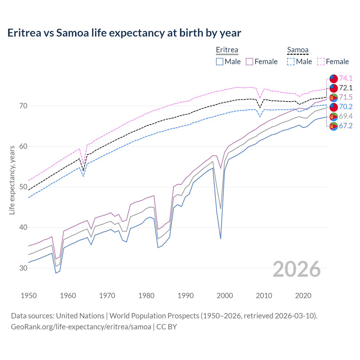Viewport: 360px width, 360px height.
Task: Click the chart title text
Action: (x=124, y=33)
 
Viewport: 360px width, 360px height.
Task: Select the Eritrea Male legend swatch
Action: (x=220, y=62)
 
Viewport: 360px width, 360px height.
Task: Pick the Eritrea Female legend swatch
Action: (x=249, y=62)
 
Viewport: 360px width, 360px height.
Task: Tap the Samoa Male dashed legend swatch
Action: (x=291, y=62)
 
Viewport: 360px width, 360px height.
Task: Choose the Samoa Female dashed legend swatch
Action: (x=321, y=62)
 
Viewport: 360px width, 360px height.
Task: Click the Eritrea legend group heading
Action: (x=227, y=50)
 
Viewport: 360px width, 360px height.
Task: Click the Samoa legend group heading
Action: (x=298, y=50)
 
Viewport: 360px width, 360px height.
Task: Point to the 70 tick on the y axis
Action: (x=23, y=106)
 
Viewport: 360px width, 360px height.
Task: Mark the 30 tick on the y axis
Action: (x=23, y=268)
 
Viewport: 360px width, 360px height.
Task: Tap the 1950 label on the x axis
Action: (x=29, y=296)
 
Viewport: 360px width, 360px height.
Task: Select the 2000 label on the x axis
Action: (x=225, y=296)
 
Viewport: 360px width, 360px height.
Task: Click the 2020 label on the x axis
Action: (x=303, y=296)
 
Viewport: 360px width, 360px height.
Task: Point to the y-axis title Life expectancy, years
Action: (x=12, y=180)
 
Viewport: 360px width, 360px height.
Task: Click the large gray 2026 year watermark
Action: (x=297, y=269)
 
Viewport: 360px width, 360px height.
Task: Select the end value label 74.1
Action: (x=346, y=78)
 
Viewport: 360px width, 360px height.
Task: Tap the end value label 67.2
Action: (x=346, y=126)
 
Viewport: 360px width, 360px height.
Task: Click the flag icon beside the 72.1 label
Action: (x=334, y=88)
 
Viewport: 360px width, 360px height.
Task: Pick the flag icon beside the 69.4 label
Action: (x=334, y=116)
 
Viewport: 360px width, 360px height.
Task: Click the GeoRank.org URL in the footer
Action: (x=81, y=327)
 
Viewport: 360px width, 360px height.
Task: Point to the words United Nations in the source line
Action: (x=80, y=316)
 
